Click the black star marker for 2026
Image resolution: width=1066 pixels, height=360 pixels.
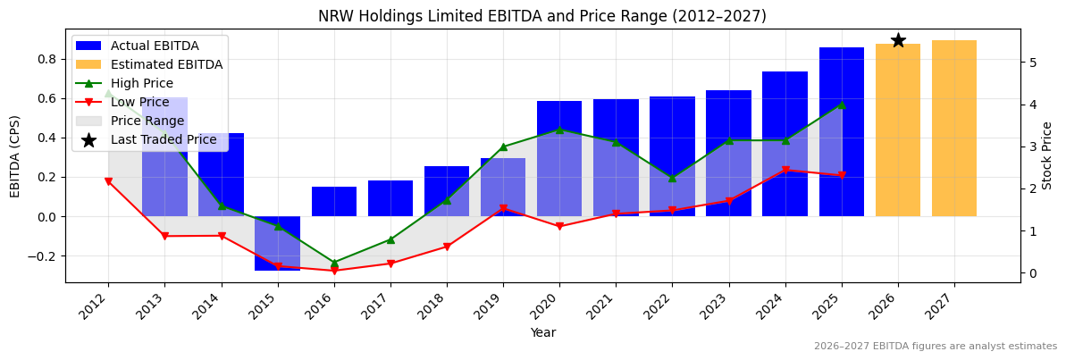898,40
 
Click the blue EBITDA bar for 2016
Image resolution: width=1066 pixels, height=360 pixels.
334,202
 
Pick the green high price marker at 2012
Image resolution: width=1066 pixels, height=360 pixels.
108,93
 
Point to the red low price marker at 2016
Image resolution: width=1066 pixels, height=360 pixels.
334,271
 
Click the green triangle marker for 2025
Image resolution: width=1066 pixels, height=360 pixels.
841,105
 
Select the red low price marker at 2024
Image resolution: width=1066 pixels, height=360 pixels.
785,170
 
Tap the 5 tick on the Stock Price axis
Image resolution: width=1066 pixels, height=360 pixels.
1032,63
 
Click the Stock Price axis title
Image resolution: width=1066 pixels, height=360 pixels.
1047,155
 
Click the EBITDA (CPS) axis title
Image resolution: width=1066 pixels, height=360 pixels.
15,155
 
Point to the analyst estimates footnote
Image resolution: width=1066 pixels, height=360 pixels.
935,346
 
